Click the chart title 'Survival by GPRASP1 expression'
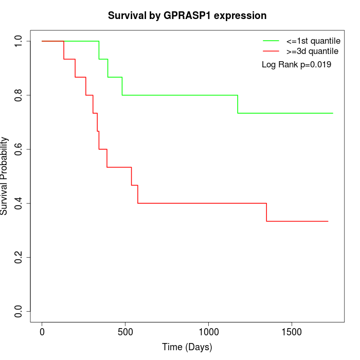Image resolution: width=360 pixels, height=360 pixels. coord(187,15)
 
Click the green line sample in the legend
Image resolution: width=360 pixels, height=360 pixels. coord(271,41)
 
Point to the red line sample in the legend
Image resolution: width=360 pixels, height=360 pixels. coord(271,51)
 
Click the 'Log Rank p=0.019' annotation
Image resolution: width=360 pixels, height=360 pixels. coord(296,65)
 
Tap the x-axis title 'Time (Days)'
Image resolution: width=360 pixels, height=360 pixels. coord(187,347)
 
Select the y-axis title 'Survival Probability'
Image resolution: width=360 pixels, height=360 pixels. coord(5,176)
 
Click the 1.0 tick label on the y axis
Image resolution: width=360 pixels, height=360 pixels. coord(19,41)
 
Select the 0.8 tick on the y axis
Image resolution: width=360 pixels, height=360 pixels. coord(19,95)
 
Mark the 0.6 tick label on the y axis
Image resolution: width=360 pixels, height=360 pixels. coord(19,149)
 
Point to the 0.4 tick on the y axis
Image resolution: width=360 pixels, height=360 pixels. coord(19,203)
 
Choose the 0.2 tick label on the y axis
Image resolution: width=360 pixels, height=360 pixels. coord(19,257)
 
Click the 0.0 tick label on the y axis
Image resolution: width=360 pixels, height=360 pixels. coord(19,311)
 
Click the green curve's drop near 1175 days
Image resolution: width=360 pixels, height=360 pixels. coord(238,104)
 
